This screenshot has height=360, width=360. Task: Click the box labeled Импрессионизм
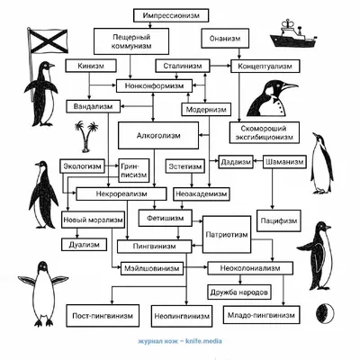click(171, 15)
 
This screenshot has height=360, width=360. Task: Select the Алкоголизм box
click(158, 135)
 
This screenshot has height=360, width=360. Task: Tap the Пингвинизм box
click(154, 247)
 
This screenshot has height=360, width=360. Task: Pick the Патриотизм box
click(227, 234)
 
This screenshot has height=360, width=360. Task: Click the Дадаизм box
click(236, 162)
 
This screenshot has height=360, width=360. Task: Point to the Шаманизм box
click(284, 162)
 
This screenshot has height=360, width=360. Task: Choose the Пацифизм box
click(279, 220)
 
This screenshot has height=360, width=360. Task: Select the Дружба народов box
click(239, 292)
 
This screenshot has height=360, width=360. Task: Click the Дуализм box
click(85, 245)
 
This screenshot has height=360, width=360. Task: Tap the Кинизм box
click(91, 66)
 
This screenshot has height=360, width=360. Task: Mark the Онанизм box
click(225, 39)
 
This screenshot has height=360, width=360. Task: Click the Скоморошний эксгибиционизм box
click(265, 132)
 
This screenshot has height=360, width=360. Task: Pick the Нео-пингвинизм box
click(182, 316)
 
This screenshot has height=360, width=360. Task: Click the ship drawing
click(293, 33)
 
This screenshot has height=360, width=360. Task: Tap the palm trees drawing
click(86, 137)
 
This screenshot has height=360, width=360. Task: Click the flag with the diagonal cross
click(48, 40)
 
